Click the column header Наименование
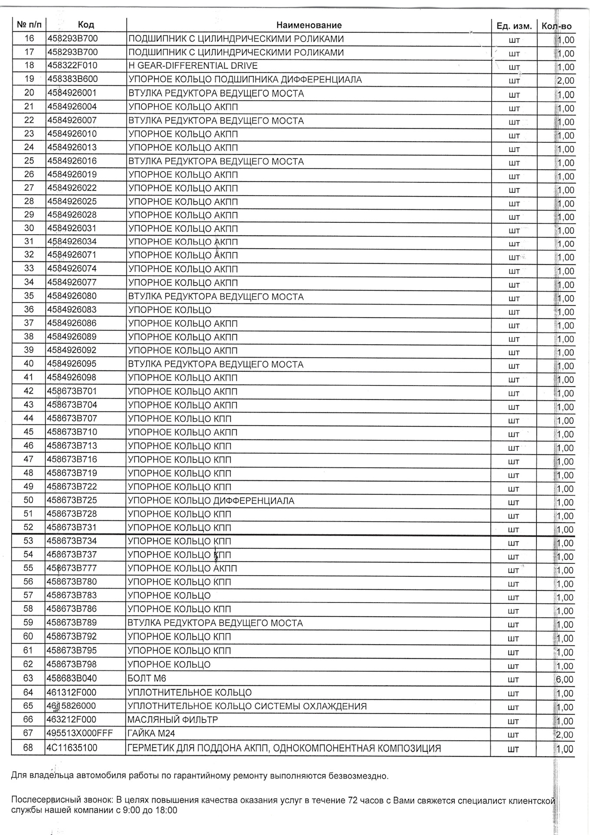tap(308, 25)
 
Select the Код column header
tap(86, 25)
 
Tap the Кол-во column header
tap(557, 26)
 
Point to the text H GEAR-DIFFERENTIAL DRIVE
tap(193, 66)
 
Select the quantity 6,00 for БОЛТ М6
tap(565, 679)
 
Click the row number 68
tap(28, 747)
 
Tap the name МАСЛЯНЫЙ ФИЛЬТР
tap(172, 720)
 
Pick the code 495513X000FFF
tap(80, 733)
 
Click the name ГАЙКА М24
tap(151, 734)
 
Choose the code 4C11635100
tap(72, 748)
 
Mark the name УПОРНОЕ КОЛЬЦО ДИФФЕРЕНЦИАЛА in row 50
tap(211, 501)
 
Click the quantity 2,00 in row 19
tap(565, 80)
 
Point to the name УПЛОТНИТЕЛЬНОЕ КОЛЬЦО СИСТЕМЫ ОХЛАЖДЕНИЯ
tap(247, 706)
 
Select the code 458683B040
tap(72, 678)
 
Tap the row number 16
tap(29, 39)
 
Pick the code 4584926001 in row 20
tap(72, 93)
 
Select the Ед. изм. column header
tap(514, 26)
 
